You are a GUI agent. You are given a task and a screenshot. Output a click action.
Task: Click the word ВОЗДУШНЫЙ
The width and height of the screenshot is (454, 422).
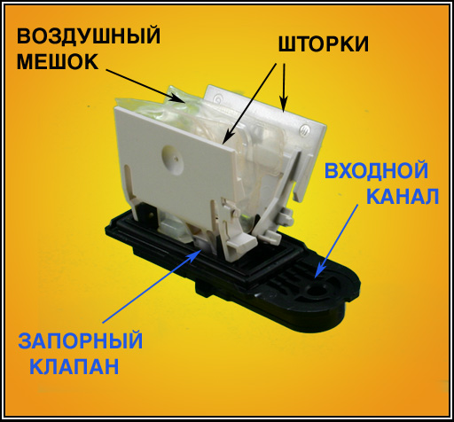pyautogui.click(x=89, y=36)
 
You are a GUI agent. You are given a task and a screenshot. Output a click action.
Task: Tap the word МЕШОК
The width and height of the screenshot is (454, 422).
pyautogui.click(x=58, y=62)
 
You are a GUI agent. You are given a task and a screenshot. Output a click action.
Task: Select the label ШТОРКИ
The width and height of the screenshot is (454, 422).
pyautogui.click(x=324, y=44)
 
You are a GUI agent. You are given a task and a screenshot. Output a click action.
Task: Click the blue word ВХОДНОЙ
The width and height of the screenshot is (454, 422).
pyautogui.click(x=376, y=170)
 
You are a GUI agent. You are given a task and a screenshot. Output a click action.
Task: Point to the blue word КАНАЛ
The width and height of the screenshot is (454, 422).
pyautogui.click(x=403, y=195)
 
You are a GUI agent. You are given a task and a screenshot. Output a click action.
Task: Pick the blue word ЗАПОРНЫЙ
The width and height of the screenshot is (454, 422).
pyautogui.click(x=81, y=340)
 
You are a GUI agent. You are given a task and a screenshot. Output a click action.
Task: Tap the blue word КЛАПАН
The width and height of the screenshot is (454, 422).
pyautogui.click(x=74, y=366)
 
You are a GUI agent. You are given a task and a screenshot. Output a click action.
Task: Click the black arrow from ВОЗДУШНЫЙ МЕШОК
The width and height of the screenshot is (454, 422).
pyautogui.click(x=145, y=86)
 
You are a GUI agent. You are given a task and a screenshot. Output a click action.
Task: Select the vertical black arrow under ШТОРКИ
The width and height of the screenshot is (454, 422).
pyautogui.click(x=283, y=88)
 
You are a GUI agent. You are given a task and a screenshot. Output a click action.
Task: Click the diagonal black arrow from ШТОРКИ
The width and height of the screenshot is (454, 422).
pyautogui.click(x=249, y=105)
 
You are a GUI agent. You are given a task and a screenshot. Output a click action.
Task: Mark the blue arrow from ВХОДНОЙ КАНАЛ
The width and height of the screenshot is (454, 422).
pyautogui.click(x=336, y=241)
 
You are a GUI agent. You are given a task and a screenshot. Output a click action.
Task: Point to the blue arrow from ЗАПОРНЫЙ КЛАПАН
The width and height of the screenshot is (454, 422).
pyautogui.click(x=153, y=285)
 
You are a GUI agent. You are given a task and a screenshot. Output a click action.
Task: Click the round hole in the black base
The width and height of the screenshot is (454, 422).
pyautogui.click(x=316, y=291)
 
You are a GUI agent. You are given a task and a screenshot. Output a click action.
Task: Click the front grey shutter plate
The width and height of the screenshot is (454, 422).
pyautogui.click(x=175, y=166)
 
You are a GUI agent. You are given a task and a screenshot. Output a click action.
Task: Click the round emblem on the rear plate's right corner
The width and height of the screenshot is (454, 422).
pyautogui.click(x=304, y=130)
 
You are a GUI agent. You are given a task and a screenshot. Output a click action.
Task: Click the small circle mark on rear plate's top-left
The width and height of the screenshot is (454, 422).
pyautogui.click(x=218, y=98)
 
